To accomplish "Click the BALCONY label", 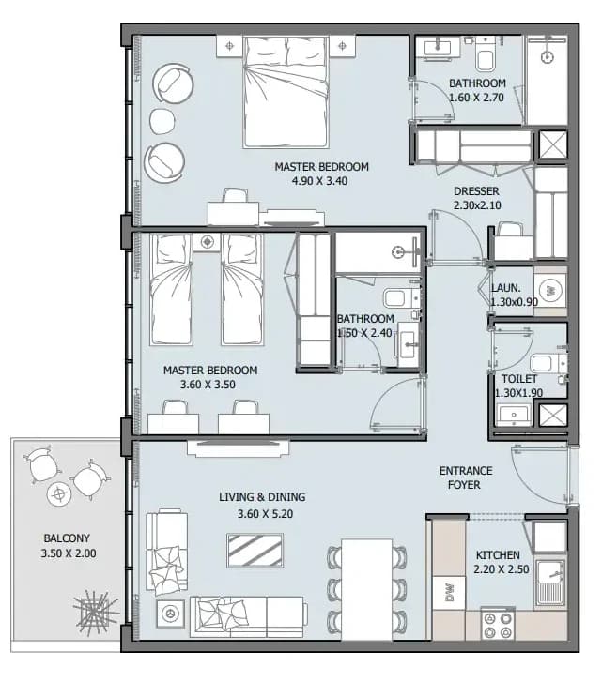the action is coord(67,538).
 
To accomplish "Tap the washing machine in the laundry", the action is coord(550,290).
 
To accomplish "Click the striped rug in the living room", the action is coord(255,551).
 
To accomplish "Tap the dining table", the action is coord(366,589).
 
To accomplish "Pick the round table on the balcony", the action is coord(59,493).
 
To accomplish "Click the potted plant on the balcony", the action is coord(96,612).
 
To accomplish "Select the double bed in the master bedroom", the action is coord(286,92).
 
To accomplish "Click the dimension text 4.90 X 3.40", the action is coord(320,180).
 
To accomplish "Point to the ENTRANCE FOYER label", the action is coord(465,477).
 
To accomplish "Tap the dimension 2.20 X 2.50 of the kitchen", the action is coord(502,568).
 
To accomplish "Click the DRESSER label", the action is coord(476,191).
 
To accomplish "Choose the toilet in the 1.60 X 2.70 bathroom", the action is coord(485,54).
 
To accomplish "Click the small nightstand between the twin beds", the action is coord(207,242).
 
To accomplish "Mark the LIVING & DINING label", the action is coord(262,496).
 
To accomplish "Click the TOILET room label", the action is coord(518,379).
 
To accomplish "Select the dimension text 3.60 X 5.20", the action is coord(265,514).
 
